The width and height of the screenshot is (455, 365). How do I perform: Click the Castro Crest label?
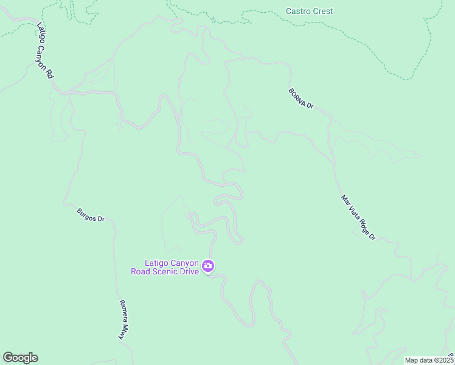[310, 11]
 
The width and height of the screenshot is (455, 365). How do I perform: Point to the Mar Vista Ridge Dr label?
[358, 217]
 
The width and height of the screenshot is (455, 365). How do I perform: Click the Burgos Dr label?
[91, 215]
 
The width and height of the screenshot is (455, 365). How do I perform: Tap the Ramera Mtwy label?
[125, 319]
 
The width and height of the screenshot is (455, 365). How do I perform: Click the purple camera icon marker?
[208, 266]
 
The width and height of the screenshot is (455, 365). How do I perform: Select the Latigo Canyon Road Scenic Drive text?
[165, 267]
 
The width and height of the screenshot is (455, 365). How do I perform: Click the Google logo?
[20, 358]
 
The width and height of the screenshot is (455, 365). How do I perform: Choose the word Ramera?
[122, 311]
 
